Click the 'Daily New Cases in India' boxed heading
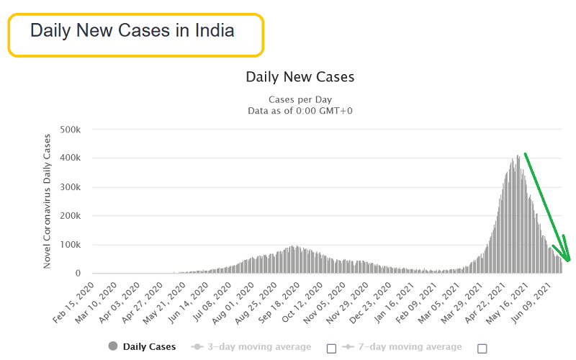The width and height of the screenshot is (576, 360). (135, 32)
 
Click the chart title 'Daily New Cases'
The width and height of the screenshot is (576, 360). (300, 76)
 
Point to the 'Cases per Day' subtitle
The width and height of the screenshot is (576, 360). (300, 99)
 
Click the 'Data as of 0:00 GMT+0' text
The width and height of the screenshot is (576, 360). (300, 110)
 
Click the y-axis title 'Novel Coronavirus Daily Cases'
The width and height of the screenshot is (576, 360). (48, 201)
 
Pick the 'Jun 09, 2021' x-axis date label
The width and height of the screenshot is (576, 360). (547, 299)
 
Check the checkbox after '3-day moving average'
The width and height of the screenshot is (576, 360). (331, 348)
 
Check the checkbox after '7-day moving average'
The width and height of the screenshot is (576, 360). (482, 348)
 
